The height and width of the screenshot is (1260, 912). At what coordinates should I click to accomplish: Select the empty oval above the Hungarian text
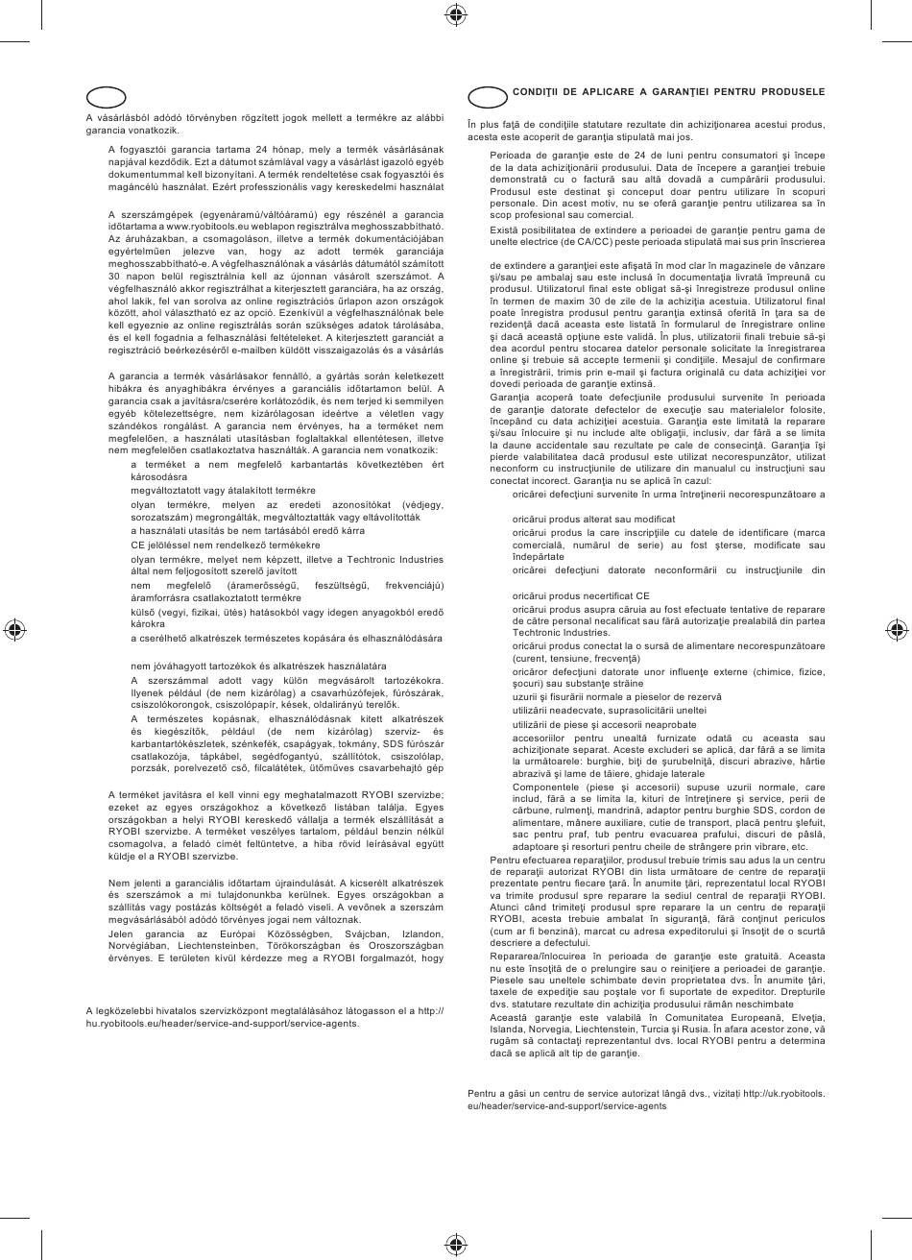(x=106, y=97)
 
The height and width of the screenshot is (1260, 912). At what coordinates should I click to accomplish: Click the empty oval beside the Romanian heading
(x=488, y=97)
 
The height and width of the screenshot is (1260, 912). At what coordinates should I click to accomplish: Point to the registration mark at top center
(x=456, y=13)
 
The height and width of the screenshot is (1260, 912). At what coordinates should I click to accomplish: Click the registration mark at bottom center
(x=456, y=1246)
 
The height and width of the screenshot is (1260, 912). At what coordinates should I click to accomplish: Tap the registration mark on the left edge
(x=14, y=630)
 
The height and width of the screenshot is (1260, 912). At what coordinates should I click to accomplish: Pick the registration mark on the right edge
(x=897, y=630)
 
